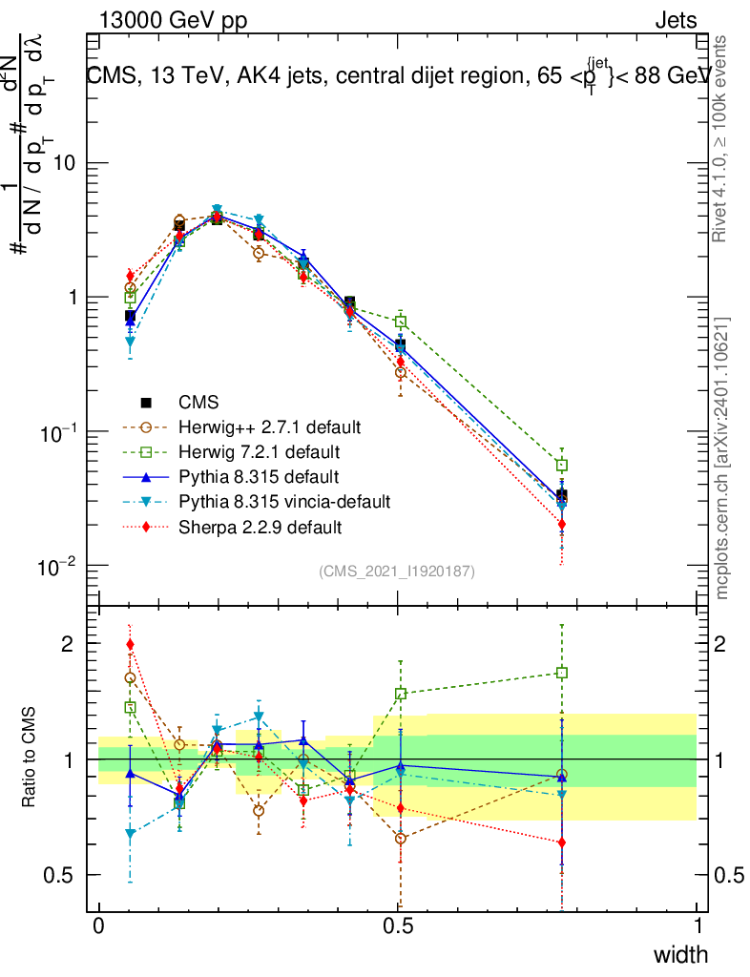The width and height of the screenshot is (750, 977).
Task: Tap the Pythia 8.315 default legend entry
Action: click(259, 475)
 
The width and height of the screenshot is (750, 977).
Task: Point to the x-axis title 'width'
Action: click(680, 954)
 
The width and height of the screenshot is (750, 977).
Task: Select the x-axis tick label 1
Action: click(698, 925)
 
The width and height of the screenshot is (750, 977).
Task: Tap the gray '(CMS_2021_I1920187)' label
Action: click(397, 571)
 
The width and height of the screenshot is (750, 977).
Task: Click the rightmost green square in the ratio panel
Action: click(562, 673)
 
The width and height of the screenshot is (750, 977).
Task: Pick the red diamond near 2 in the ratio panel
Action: click(130, 644)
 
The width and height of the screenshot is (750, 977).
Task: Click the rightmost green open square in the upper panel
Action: click(562, 465)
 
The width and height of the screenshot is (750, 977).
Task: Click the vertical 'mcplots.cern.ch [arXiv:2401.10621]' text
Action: click(722, 457)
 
